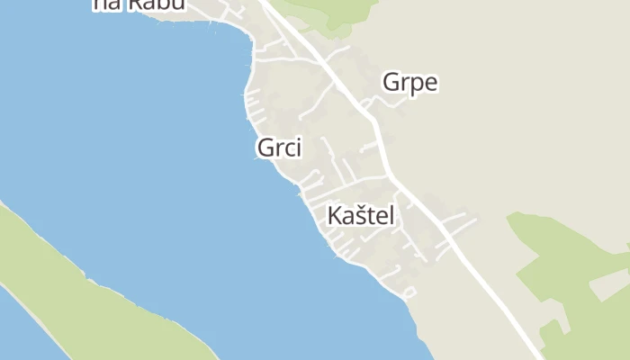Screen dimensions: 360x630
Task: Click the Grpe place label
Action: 409,83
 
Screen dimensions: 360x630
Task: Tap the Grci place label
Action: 279,148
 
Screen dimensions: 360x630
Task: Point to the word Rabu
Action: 156,4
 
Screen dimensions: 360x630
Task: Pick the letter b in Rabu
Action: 164,4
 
